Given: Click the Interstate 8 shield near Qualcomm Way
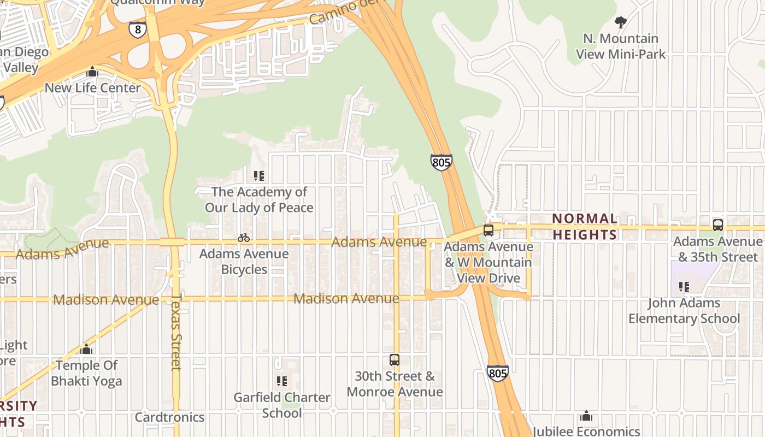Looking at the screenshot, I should (x=138, y=29).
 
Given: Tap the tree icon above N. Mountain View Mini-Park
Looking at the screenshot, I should (x=620, y=22).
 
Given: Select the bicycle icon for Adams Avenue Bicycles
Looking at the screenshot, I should (x=244, y=238).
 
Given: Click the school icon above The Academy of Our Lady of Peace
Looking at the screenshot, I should (x=259, y=176).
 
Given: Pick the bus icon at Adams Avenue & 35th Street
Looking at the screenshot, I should (x=718, y=225).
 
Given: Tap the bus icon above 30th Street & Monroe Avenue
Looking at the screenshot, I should (x=395, y=360).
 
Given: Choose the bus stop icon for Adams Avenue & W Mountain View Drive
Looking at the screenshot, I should (x=489, y=231).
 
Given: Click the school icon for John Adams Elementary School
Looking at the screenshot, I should (x=684, y=287).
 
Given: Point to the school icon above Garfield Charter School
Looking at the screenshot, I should (x=282, y=381).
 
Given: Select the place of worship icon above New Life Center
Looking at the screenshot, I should (x=92, y=72).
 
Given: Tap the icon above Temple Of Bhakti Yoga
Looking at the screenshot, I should (x=86, y=349).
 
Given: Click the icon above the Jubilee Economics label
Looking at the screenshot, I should (x=586, y=416).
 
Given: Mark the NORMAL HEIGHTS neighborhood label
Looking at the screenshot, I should (x=585, y=227).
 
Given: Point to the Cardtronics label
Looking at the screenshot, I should (x=169, y=417).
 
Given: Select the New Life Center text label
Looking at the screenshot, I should (x=92, y=87).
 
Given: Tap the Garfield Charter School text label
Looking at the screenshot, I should (x=282, y=405).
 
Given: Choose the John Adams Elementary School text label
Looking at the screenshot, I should (x=684, y=310).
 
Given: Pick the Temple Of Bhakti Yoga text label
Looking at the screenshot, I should (x=86, y=373).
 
